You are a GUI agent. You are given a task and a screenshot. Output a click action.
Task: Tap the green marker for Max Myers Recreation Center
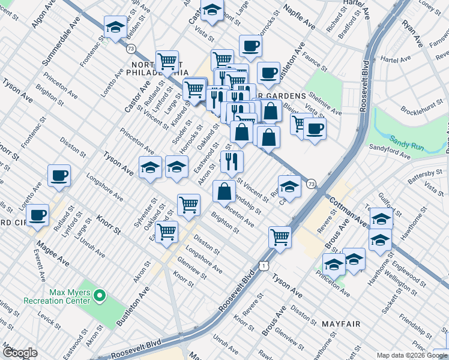click(x=100, y=295)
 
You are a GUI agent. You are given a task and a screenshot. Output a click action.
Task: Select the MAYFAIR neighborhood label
click(x=340, y=324)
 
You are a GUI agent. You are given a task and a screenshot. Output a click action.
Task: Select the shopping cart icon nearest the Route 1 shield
click(x=280, y=237)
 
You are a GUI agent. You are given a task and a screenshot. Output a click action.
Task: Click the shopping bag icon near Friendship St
click(x=224, y=191)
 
